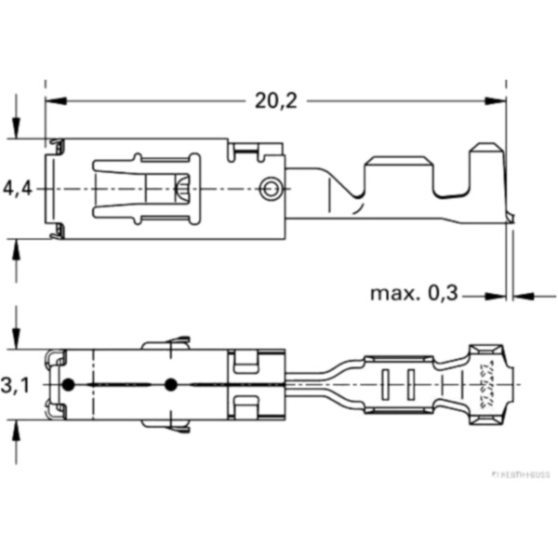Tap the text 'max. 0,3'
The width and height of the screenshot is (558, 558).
[415, 294]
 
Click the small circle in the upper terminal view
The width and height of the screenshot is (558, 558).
[271, 190]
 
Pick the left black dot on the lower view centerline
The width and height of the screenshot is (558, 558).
[67, 385]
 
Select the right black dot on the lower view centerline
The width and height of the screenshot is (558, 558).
[170, 385]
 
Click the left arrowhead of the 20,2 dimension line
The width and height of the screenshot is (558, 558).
[52, 99]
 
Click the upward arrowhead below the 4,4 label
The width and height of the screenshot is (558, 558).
[17, 246]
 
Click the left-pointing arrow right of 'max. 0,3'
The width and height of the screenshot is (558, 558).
[521, 297]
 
